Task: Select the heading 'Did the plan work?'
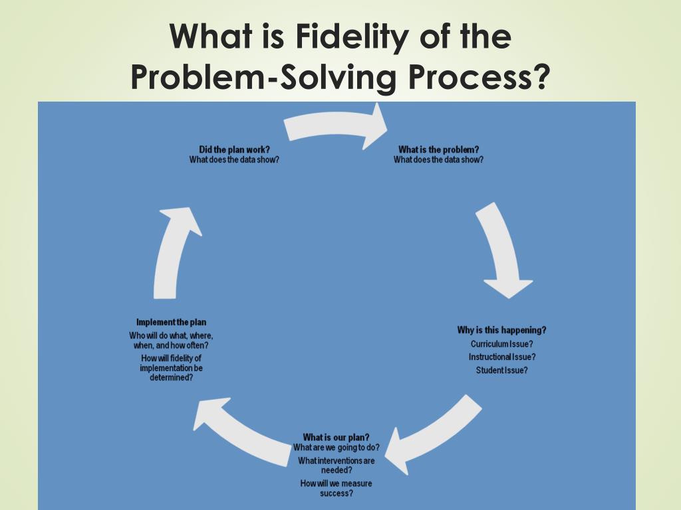(x=234, y=149)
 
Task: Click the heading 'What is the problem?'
(x=438, y=149)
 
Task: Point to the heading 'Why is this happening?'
(x=501, y=330)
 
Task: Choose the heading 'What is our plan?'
(x=336, y=437)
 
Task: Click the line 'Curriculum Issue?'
(x=501, y=344)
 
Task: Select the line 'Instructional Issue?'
(x=501, y=357)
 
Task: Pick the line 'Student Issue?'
(x=501, y=371)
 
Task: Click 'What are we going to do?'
(x=337, y=448)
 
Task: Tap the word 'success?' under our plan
(x=336, y=493)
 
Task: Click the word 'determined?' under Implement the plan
(x=171, y=377)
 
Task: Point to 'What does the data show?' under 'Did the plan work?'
(x=234, y=159)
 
